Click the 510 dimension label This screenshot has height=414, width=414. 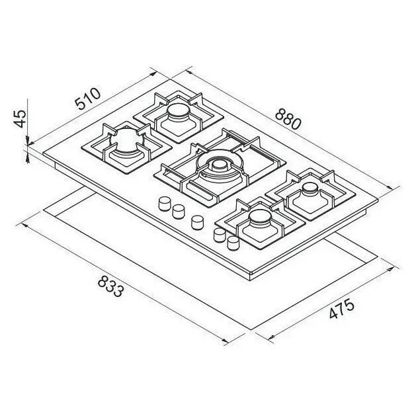87,99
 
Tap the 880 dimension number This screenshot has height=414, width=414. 288,120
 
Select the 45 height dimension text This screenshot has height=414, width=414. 20,118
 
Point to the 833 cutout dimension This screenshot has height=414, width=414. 110,286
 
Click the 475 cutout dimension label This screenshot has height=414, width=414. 341,308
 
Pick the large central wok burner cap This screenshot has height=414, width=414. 220,166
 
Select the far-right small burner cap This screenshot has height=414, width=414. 311,188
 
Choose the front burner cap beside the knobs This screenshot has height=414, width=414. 260,218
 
